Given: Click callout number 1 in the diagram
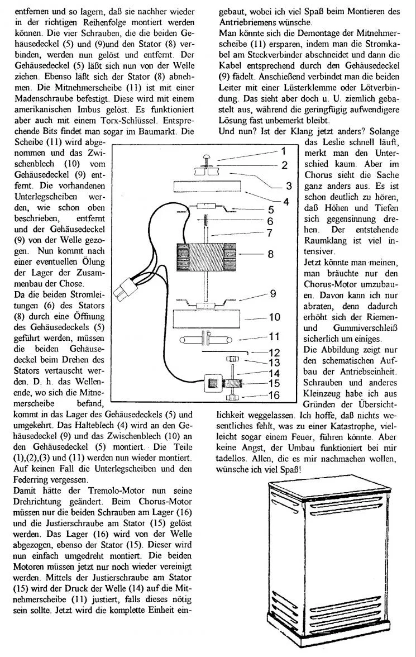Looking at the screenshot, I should tap(284, 151).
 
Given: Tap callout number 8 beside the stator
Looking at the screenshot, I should tap(270, 254).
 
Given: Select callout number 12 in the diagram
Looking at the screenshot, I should tap(273, 353).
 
